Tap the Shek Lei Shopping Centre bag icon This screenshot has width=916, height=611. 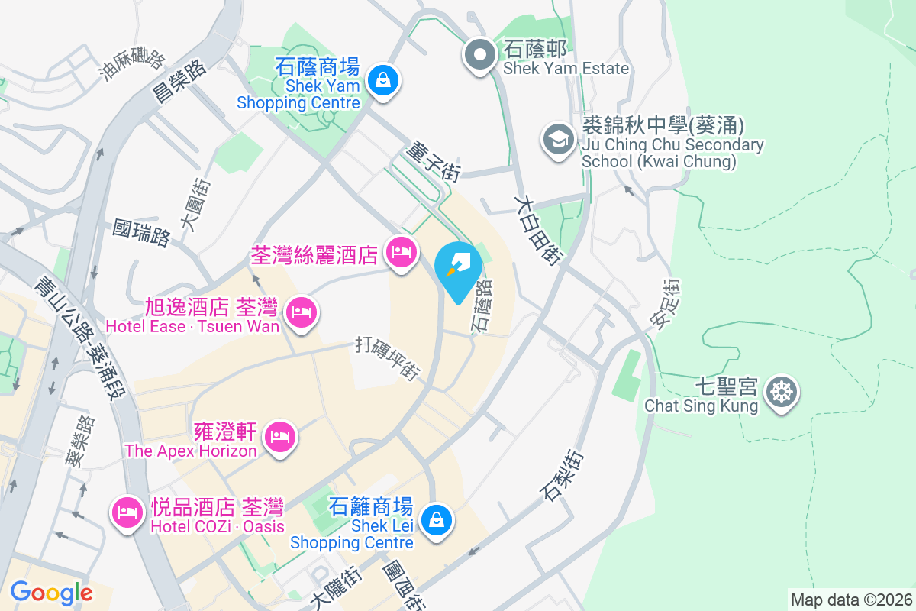[x=436, y=522]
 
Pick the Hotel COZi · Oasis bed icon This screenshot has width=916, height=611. [x=127, y=512]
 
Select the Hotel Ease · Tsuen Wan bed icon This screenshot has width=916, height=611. [x=302, y=312]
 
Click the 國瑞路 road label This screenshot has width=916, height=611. [x=141, y=233]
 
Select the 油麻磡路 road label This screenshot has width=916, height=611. [x=132, y=65]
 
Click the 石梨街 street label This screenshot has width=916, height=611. [x=564, y=475]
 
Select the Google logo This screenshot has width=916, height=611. [x=51, y=592]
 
